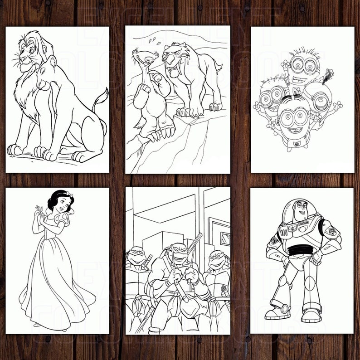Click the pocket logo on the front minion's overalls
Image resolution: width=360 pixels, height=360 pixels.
point(297,144)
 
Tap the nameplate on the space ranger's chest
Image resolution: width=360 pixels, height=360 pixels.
point(303,224)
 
